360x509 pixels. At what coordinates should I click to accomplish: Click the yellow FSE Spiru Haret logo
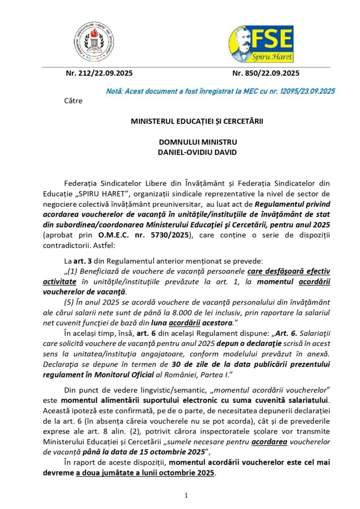point(261,44)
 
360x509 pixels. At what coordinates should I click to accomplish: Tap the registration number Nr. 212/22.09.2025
point(99,73)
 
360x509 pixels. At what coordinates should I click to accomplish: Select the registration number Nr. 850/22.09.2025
point(266,73)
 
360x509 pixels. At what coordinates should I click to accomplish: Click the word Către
point(73,100)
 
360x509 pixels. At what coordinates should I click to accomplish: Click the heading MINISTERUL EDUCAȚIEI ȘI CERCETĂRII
point(197,121)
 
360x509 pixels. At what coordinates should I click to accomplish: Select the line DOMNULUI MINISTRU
point(197,142)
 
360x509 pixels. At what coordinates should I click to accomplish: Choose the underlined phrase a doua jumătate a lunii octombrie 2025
point(145,473)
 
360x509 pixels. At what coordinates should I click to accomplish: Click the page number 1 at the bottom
point(186,495)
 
